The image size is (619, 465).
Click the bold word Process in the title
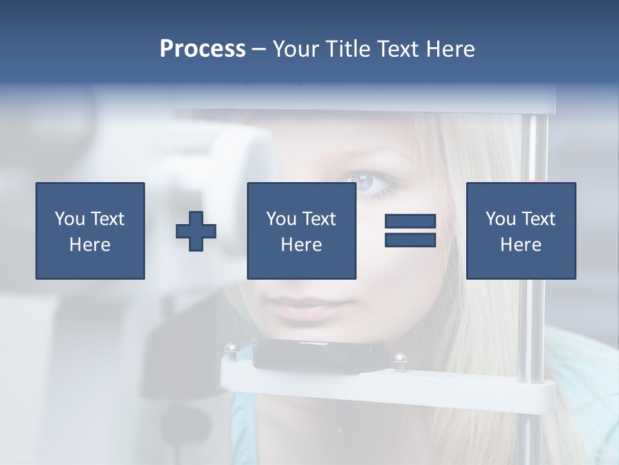point(202,49)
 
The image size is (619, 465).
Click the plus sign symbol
point(196,231)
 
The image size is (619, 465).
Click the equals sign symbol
point(410,231)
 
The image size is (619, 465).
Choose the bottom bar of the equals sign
point(410,240)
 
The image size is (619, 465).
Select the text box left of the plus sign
point(90,231)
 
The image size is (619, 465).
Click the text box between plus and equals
point(301,231)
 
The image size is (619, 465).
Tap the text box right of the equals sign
point(520,231)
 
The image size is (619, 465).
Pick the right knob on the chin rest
point(400,358)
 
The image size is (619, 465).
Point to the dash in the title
point(259,49)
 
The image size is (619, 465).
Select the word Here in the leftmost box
point(90,245)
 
